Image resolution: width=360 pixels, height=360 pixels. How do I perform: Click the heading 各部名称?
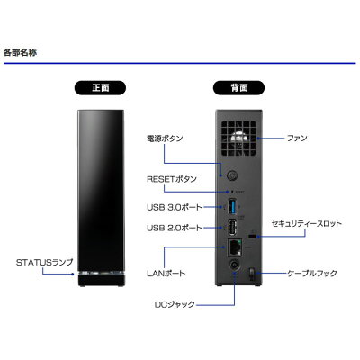click(x=21, y=53)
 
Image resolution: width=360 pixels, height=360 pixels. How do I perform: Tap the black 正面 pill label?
click(x=100, y=88)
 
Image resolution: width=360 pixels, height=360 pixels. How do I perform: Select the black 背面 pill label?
click(x=238, y=88)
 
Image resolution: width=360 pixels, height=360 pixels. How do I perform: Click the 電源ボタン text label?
click(x=165, y=139)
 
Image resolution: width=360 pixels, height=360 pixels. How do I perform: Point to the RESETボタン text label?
click(x=172, y=179)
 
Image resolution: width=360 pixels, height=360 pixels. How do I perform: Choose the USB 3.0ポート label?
click(x=175, y=207)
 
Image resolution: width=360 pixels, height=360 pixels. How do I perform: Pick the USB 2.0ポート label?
click(x=175, y=228)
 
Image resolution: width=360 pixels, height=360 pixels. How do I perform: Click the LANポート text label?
click(x=166, y=274)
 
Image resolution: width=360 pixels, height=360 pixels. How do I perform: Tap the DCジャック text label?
click(x=175, y=304)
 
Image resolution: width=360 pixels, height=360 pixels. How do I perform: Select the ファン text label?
click(x=297, y=139)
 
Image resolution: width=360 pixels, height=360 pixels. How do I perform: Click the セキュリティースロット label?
click(x=306, y=224)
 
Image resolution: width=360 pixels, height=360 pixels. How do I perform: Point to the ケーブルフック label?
click(x=312, y=274)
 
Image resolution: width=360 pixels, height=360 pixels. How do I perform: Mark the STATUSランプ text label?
click(x=44, y=263)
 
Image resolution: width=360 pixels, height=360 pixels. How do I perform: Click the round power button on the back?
click(x=231, y=175)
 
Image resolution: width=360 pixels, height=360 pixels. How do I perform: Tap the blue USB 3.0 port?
click(x=232, y=207)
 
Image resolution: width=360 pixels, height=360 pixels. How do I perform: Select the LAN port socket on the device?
click(x=235, y=247)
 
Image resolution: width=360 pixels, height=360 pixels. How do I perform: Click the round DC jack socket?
click(x=234, y=265)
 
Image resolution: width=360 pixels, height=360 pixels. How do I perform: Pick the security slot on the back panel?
click(x=253, y=237)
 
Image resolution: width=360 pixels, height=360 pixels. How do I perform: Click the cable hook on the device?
click(x=251, y=274)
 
